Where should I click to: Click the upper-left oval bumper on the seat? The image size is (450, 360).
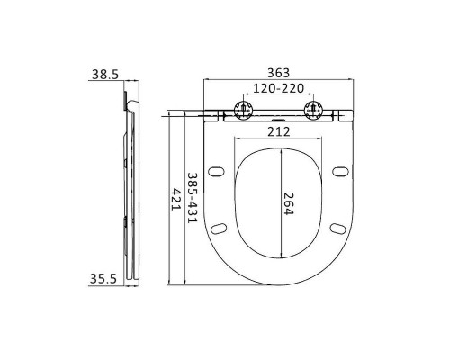click(216, 171)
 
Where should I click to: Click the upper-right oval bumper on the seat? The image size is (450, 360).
click(338, 171)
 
